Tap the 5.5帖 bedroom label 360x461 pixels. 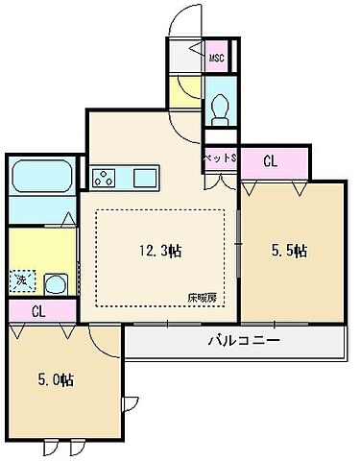[286, 252]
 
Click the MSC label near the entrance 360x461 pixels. [218, 59]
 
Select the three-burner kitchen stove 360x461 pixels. [105, 178]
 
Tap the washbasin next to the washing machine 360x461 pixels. [54, 283]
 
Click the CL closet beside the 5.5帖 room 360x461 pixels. [272, 162]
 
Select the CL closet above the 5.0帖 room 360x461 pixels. [39, 311]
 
